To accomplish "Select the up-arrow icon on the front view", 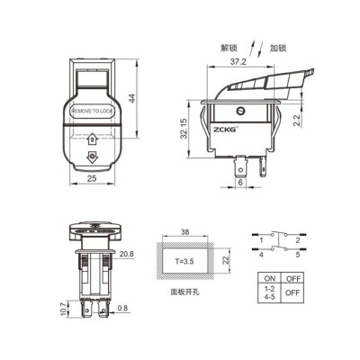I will pyautogui.click(x=93, y=139).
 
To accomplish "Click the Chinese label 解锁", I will pyautogui.click(x=231, y=43).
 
